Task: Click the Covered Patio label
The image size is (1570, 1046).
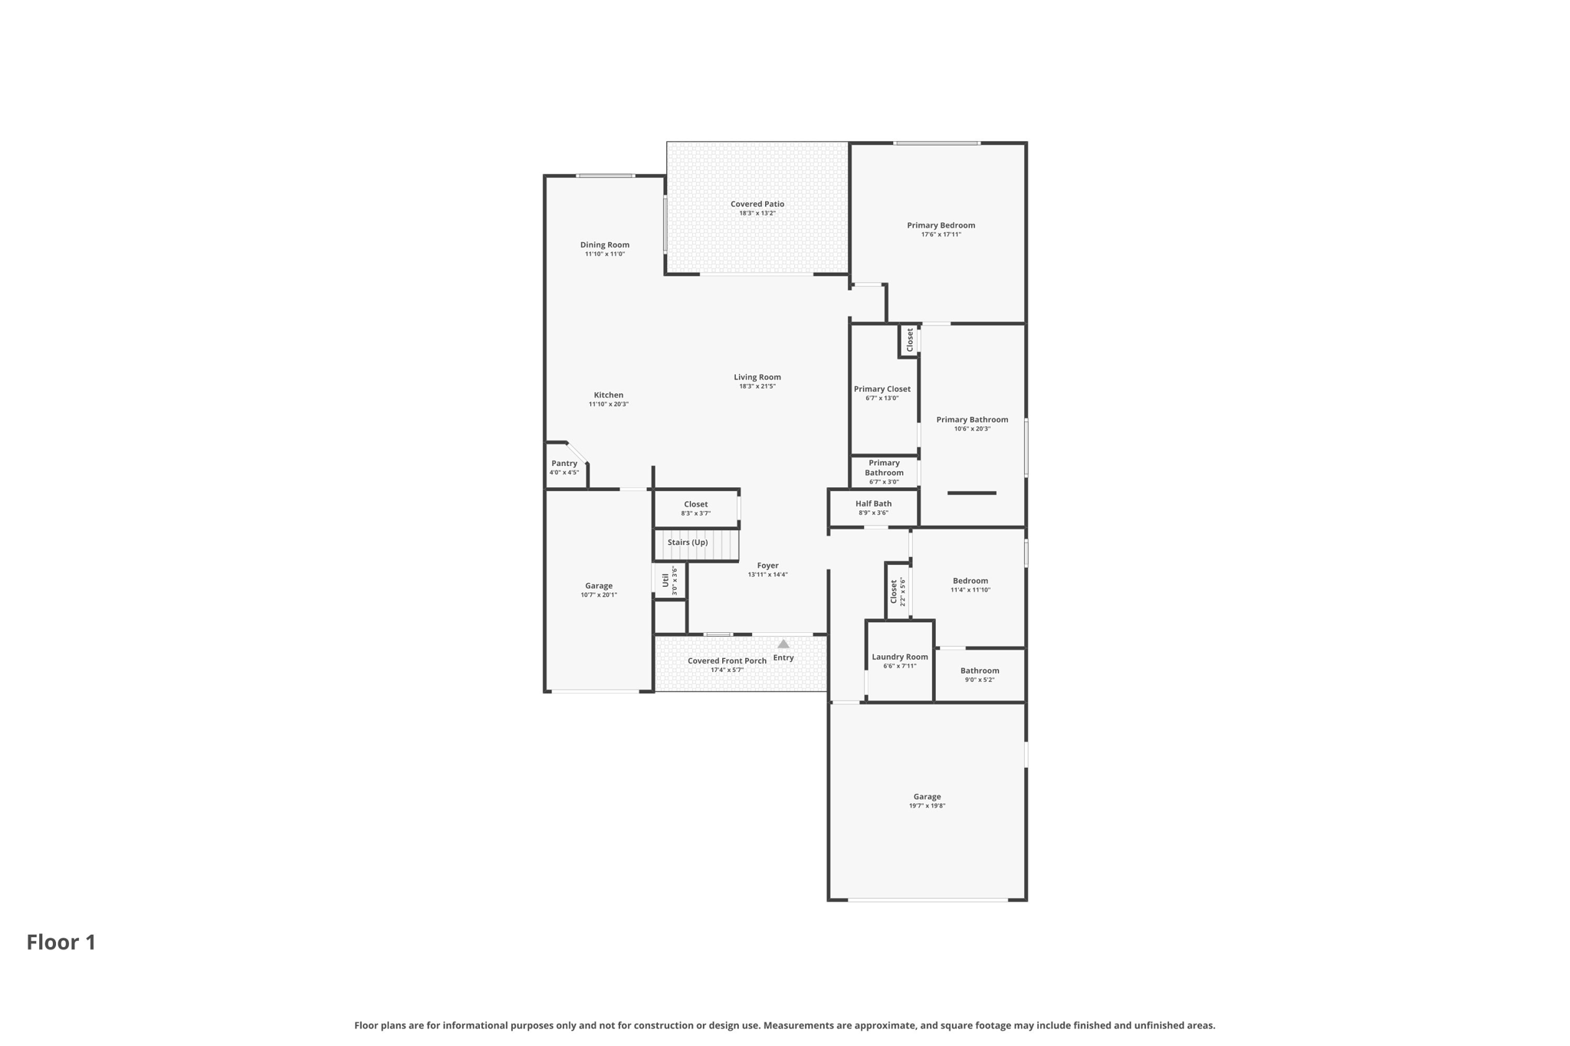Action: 757,204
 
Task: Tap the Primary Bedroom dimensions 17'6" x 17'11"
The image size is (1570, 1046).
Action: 941,234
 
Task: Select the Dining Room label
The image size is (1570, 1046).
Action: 605,245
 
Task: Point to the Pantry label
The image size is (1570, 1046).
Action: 564,464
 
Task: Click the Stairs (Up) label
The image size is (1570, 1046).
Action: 688,543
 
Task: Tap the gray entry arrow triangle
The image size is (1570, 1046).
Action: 783,644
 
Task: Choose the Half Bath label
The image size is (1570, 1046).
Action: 874,503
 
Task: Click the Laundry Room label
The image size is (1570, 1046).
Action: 900,657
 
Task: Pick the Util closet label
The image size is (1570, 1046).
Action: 665,580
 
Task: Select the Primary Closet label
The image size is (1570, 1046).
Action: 882,389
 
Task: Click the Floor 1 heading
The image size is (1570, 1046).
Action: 61,942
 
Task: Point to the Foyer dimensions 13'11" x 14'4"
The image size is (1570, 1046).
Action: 768,575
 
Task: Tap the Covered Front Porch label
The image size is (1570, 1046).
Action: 727,661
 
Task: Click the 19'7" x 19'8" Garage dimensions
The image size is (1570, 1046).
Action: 927,806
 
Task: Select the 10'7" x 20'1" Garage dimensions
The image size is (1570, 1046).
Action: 599,595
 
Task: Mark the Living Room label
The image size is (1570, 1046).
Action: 757,377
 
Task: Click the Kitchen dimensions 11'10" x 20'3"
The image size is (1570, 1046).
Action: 609,405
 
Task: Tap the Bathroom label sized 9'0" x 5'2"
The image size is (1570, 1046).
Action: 980,671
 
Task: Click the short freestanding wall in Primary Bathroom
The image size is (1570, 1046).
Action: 972,493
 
